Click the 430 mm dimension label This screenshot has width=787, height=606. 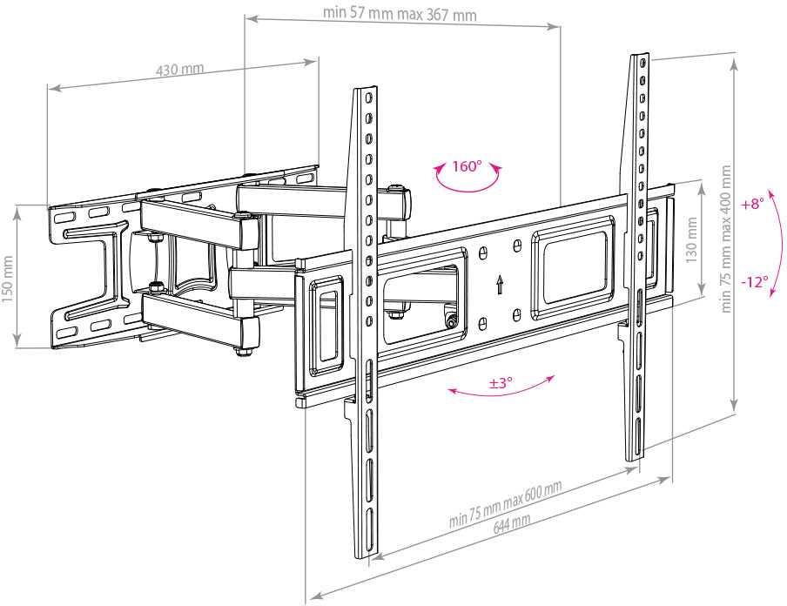[179, 69]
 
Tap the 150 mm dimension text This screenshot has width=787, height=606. [8, 279]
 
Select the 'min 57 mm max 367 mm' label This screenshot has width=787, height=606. [400, 14]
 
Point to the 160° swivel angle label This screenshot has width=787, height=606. [467, 166]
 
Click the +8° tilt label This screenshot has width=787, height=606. [753, 205]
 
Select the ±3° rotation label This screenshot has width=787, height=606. [501, 383]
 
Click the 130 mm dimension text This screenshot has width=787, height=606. [692, 240]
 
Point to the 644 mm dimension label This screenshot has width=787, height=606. [512, 523]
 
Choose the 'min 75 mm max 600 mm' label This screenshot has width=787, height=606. [506, 503]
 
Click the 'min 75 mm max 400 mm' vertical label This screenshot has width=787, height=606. [725, 239]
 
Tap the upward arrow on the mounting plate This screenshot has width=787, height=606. [500, 284]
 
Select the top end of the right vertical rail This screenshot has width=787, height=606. [639, 54]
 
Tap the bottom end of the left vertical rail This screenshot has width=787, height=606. [365, 555]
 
